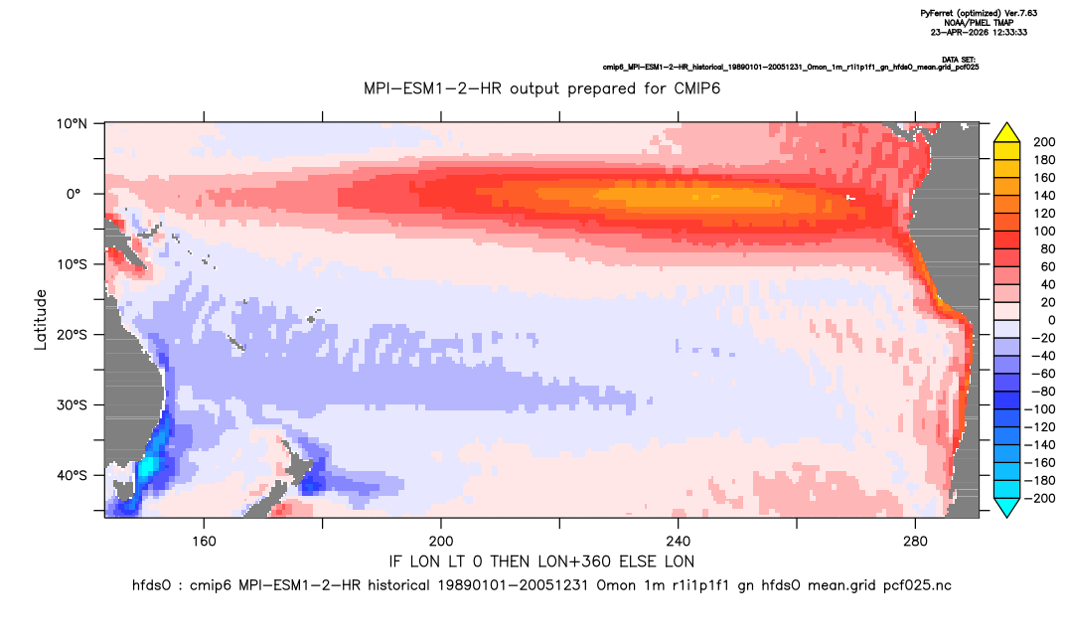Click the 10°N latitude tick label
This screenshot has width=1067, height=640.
click(x=72, y=124)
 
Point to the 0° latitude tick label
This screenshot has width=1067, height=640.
click(x=74, y=194)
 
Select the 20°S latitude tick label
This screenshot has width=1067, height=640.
click(x=72, y=334)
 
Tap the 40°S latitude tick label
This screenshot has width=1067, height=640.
click(x=72, y=475)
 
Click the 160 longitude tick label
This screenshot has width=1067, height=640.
click(x=204, y=542)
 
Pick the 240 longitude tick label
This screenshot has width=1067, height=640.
click(x=679, y=542)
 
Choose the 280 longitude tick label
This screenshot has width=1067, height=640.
click(x=915, y=542)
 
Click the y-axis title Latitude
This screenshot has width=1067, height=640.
click(x=41, y=320)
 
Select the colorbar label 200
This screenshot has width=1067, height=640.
click(x=1044, y=142)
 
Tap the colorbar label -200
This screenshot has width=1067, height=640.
click(x=1041, y=498)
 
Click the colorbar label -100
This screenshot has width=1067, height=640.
click(x=1041, y=409)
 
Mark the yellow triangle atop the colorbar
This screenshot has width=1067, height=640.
click(x=1006, y=133)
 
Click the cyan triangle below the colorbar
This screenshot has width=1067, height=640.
click(x=1006, y=507)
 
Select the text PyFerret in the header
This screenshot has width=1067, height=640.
click(x=936, y=13)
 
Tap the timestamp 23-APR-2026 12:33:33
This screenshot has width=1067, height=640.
click(x=979, y=32)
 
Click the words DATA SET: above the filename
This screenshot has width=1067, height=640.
click(x=960, y=60)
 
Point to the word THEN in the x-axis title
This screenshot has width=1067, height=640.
click(x=511, y=561)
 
